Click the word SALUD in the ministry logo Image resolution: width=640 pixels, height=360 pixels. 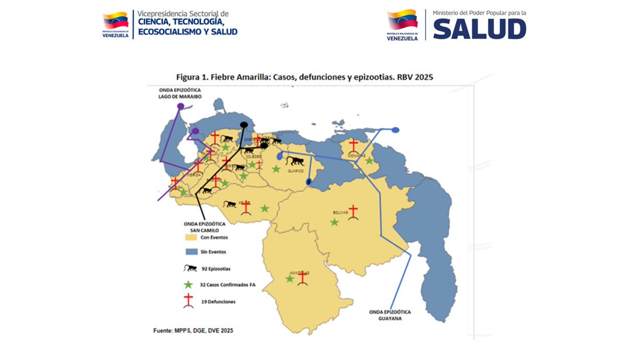tap(479, 29)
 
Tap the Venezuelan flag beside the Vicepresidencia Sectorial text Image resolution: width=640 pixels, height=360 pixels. tap(115, 21)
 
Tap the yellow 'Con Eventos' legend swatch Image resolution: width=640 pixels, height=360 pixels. tap(191, 237)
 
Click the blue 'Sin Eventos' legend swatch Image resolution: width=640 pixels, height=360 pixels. tap(191, 251)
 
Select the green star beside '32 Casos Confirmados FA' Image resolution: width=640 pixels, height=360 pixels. tap(188, 284)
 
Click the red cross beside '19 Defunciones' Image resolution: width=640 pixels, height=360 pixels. tap(188, 301)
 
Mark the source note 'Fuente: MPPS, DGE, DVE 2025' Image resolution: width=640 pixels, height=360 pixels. tap(193, 331)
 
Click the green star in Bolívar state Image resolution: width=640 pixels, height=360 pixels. tap(334, 222)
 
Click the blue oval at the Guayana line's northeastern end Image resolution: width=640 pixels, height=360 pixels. tap(396, 130)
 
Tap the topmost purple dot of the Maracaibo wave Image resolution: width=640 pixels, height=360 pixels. tap(181, 106)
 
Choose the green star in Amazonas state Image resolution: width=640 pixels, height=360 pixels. tap(290, 278)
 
